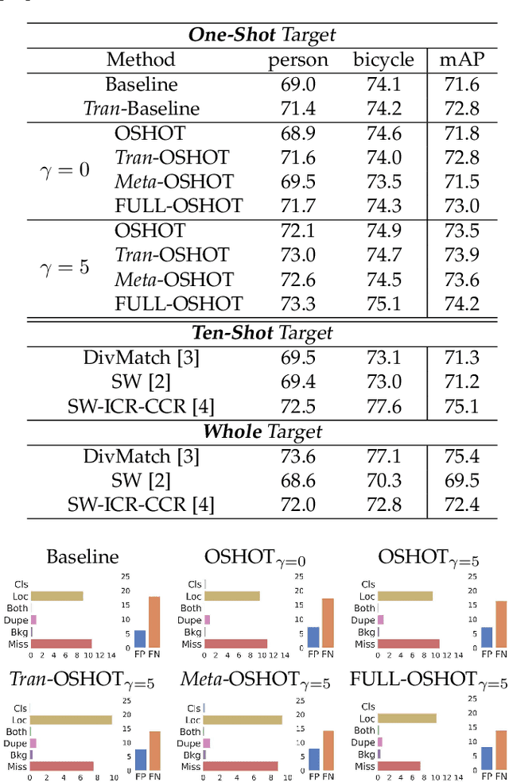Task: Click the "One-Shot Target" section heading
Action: click(262, 35)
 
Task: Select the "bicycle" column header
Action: click(383, 60)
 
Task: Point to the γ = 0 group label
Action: click(65, 169)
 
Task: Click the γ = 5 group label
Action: click(65, 267)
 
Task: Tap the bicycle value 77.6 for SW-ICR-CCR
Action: click(383, 407)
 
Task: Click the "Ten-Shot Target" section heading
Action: click(262, 333)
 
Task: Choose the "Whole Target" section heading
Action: click(262, 432)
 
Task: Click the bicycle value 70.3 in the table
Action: click(383, 480)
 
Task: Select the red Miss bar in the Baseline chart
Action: click(61, 644)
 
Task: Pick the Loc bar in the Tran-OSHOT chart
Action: click(71, 719)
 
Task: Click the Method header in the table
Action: click(141, 60)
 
